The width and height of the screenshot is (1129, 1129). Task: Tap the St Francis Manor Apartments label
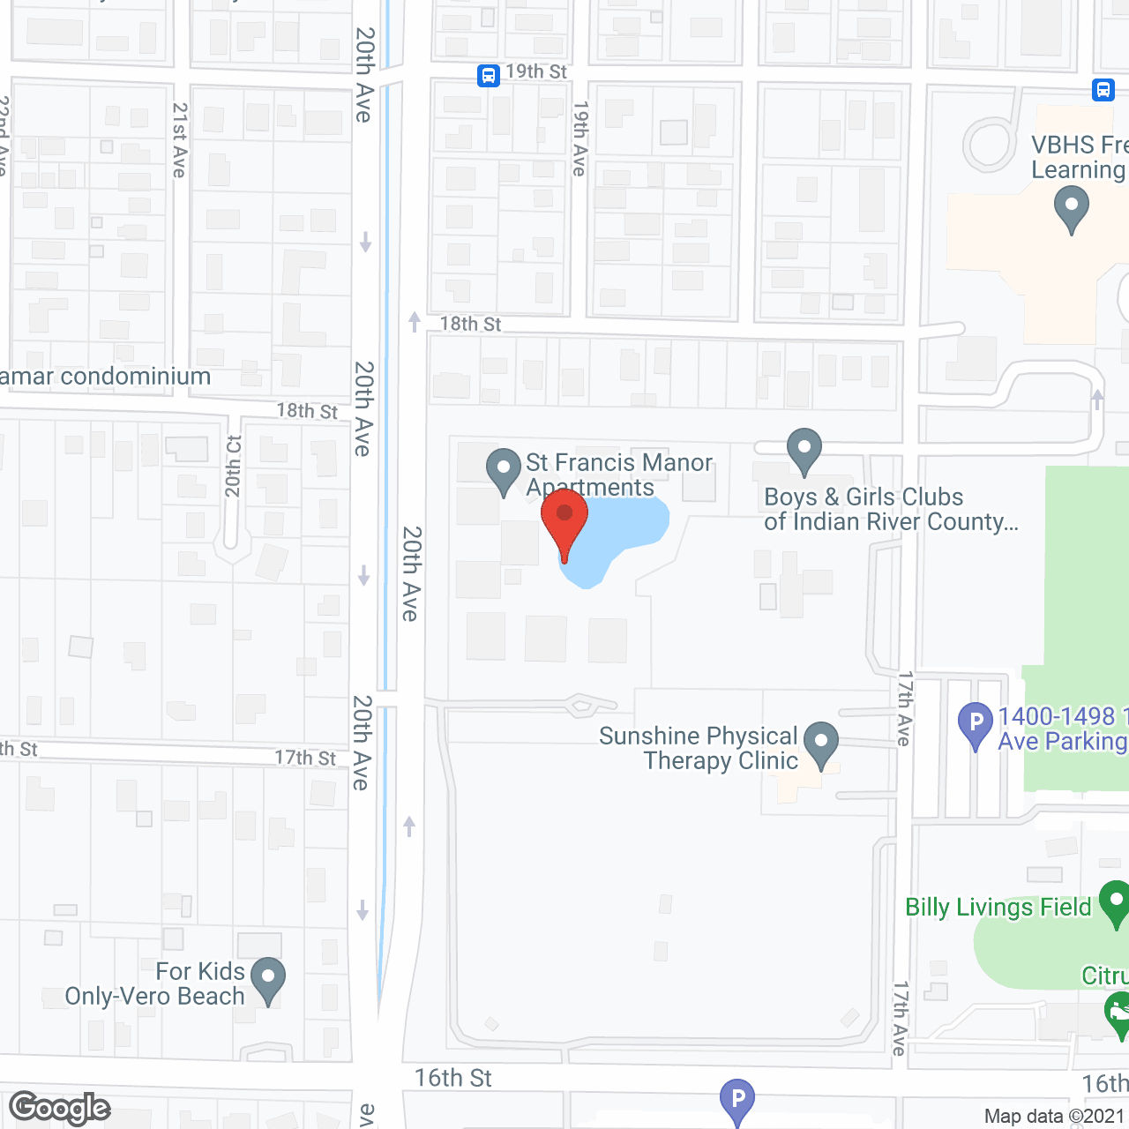tap(618, 475)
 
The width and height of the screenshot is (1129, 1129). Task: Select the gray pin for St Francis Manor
tap(504, 469)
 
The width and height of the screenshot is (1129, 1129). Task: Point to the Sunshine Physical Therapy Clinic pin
tap(821, 743)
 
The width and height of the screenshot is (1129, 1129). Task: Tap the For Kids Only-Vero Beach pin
tap(267, 978)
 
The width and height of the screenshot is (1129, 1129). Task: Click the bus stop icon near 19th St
tap(489, 76)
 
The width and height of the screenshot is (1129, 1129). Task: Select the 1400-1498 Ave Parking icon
tap(976, 724)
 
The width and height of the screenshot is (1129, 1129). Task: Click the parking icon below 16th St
tap(737, 1100)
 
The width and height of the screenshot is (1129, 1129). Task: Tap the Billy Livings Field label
tap(998, 908)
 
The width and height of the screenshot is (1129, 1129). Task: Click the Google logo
tap(60, 1108)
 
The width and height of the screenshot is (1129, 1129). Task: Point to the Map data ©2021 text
tap(1055, 1117)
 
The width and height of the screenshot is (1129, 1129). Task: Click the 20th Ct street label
tap(233, 467)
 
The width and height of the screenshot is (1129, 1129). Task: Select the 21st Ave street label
tap(180, 140)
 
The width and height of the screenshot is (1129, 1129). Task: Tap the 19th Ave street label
tap(579, 138)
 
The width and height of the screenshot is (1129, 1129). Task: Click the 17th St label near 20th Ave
tap(305, 758)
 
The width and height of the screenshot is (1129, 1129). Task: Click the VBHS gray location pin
tap(1071, 211)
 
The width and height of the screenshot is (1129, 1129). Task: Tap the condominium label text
tap(106, 377)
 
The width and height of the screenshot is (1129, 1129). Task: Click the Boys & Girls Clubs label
tap(891, 510)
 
